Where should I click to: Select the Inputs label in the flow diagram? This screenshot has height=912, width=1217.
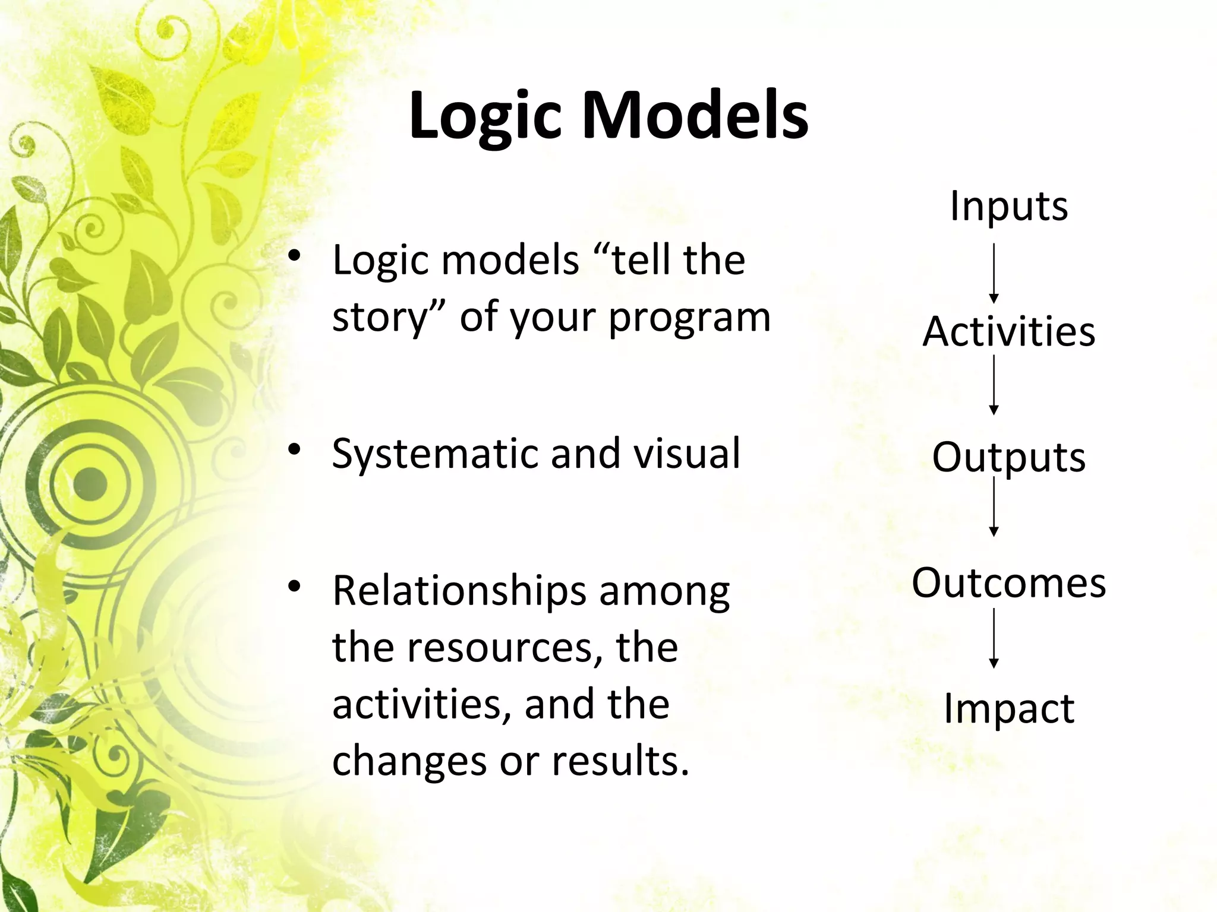[x=1008, y=205]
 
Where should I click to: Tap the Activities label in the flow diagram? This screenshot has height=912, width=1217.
[x=1008, y=331]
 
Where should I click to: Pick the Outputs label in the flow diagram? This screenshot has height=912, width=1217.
[x=1008, y=457]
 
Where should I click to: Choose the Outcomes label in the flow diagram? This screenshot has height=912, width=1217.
[x=1008, y=582]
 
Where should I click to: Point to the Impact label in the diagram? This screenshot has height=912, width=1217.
[x=1008, y=708]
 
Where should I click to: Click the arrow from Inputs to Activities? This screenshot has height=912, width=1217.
[x=994, y=273]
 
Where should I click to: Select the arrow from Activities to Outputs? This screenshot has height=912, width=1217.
[x=994, y=385]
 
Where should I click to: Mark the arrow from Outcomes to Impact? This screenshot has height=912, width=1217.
[x=994, y=638]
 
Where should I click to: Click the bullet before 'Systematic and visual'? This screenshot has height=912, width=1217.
[x=294, y=449]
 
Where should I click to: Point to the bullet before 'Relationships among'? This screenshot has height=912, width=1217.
[x=294, y=587]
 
